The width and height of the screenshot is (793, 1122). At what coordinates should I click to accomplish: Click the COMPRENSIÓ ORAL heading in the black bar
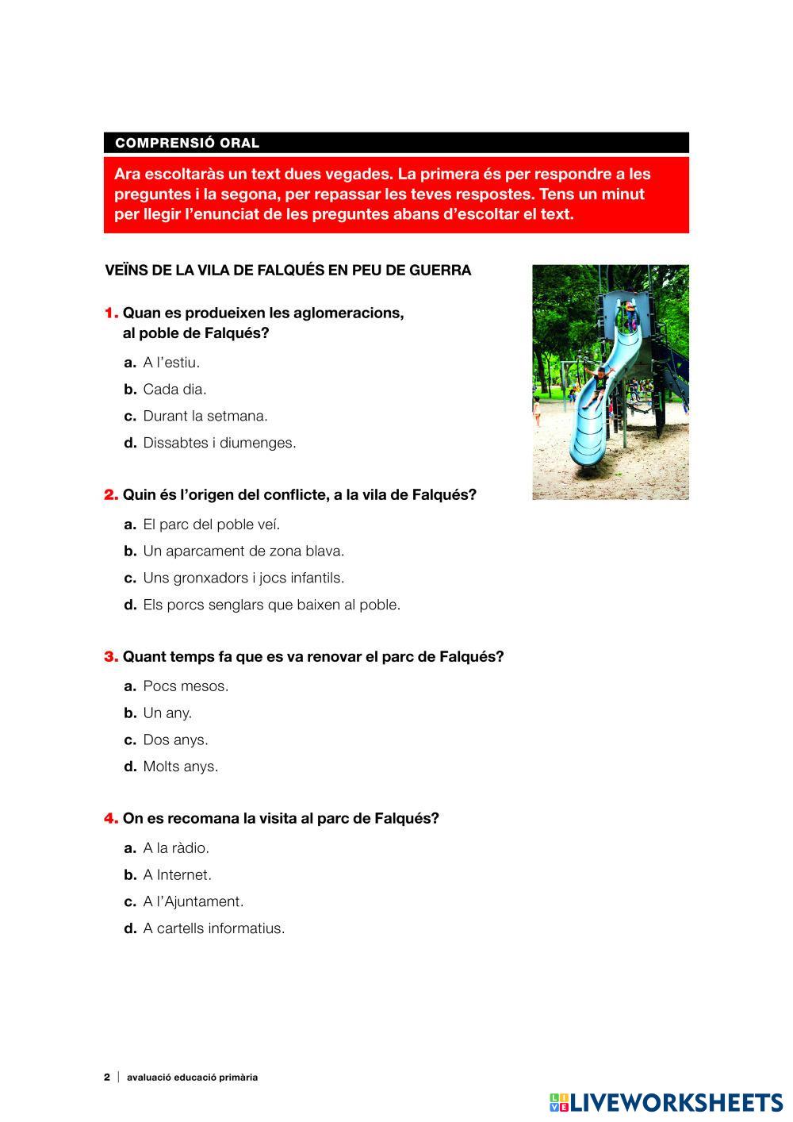point(187,144)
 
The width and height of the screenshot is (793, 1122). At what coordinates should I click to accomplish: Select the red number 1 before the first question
point(111,313)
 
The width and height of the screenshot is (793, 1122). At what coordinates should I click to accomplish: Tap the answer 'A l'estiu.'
point(171,363)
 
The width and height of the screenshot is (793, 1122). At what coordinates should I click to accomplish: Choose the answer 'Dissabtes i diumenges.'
point(219,443)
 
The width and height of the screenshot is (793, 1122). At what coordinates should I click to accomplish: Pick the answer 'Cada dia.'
point(174,390)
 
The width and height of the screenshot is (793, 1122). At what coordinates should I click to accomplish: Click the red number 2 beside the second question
point(111,495)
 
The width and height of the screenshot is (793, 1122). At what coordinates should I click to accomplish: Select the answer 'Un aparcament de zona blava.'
point(243,551)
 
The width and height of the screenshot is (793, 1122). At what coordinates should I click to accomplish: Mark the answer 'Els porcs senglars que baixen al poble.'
point(271,605)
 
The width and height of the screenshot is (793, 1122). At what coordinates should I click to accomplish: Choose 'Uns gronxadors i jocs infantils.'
point(243,578)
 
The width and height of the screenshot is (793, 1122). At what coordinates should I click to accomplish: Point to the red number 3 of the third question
point(111,657)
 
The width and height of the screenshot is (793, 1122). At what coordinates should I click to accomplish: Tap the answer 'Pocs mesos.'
point(186,686)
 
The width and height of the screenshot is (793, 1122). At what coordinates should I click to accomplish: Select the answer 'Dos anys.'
point(175,740)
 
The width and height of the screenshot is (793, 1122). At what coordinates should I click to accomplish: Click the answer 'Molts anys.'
point(180,767)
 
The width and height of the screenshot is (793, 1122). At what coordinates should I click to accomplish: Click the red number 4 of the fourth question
point(111,818)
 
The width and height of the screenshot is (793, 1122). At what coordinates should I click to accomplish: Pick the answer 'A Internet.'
point(177,875)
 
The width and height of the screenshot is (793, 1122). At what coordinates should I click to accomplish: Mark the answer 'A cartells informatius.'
point(213,928)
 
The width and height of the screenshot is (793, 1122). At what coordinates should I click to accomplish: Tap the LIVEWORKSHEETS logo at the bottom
point(665,1102)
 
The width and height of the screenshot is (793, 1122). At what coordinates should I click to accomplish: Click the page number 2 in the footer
point(107,1078)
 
